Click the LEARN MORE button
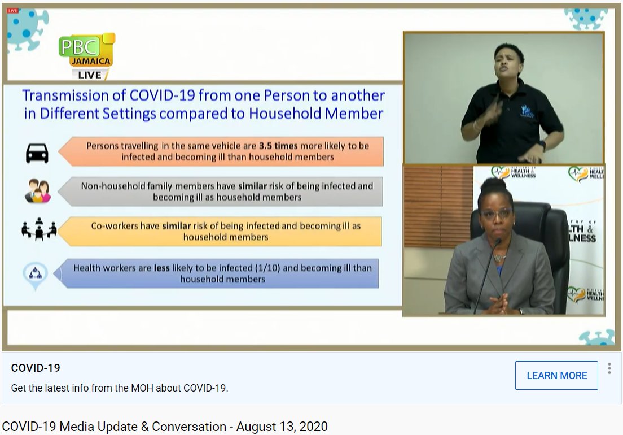coord(556,375)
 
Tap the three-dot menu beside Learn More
coord(609,368)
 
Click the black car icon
coord(37,153)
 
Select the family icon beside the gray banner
coord(38,191)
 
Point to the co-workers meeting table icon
coord(39,229)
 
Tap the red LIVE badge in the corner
coord(13,11)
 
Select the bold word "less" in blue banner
coord(162,268)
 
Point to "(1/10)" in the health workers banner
coord(267,268)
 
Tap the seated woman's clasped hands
coord(498,304)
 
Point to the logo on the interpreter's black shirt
coord(527,111)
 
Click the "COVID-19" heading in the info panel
coord(36,368)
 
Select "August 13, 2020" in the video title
coord(282,427)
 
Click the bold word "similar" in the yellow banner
coord(177,226)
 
